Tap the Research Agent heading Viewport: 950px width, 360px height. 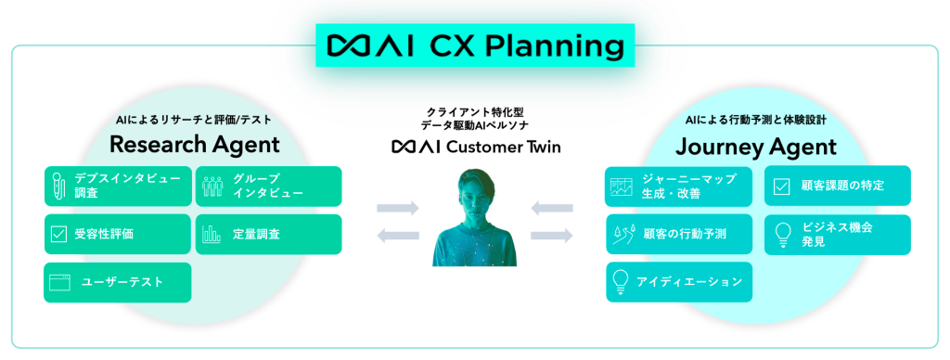click(194, 145)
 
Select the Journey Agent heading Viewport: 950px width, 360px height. click(755, 146)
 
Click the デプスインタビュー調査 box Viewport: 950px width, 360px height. click(117, 186)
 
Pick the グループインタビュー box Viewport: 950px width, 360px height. click(268, 186)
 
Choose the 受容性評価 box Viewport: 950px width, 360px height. click(117, 234)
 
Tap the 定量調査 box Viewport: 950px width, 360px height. click(268, 234)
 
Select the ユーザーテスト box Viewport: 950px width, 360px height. click(117, 282)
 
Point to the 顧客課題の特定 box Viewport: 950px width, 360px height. click(837, 186)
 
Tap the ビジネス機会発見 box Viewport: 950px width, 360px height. click(837, 234)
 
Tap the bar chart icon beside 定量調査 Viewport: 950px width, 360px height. click(212, 234)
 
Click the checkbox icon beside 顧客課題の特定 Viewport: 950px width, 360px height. click(780, 186)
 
